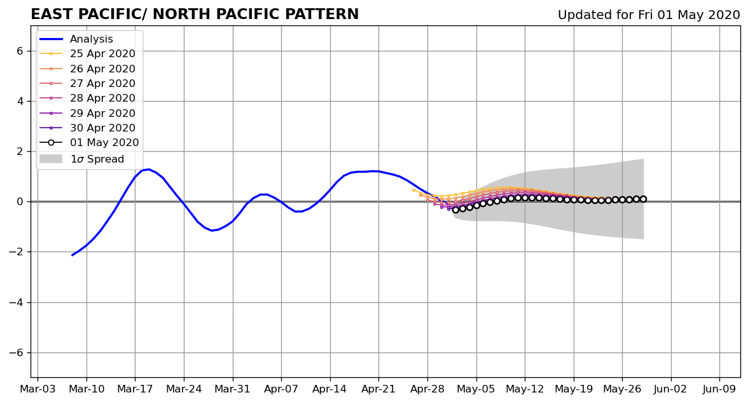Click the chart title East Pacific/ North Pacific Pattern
pos(195,14)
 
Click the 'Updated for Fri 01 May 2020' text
pos(649,15)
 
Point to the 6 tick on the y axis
pos(20,51)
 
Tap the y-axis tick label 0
pos(20,201)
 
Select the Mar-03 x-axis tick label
pos(38,389)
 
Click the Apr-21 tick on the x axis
pos(378,389)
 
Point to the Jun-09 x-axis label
pos(719,389)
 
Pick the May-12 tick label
pos(525,389)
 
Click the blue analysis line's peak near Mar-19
pos(148,169)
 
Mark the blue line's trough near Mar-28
pos(212,231)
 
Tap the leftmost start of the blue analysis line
pos(72,255)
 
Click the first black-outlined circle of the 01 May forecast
pos(455,210)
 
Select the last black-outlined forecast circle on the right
pos(643,199)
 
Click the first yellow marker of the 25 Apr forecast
pos(413,190)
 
